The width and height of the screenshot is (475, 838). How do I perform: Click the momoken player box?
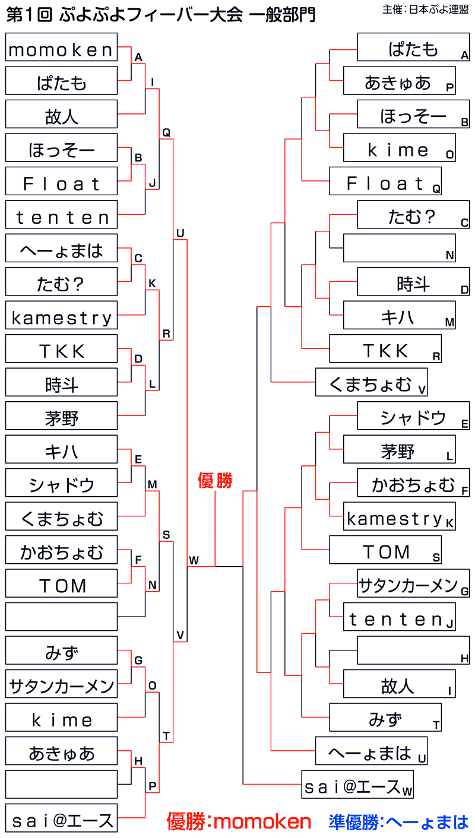pyautogui.click(x=61, y=47)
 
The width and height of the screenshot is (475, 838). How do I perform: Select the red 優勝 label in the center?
pyautogui.click(x=215, y=481)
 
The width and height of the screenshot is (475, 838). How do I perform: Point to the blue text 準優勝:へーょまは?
pyautogui.click(x=399, y=821)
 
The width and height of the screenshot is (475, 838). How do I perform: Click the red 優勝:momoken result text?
pyautogui.click(x=239, y=821)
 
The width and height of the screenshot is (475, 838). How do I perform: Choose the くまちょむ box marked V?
pyautogui.click(x=371, y=383)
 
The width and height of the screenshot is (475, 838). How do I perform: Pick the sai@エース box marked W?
pyautogui.click(x=357, y=786)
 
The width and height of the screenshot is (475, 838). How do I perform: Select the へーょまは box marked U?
pyautogui.click(x=371, y=753)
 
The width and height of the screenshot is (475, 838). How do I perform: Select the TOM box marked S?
pyautogui.click(x=385, y=551)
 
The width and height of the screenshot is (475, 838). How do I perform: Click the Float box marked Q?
pyautogui.click(x=385, y=182)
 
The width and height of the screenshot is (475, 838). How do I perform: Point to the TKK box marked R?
pyautogui.click(x=385, y=350)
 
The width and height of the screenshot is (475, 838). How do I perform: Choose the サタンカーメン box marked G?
pyautogui.click(x=413, y=585)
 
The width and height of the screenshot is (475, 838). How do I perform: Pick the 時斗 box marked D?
pyautogui.click(x=413, y=282)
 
